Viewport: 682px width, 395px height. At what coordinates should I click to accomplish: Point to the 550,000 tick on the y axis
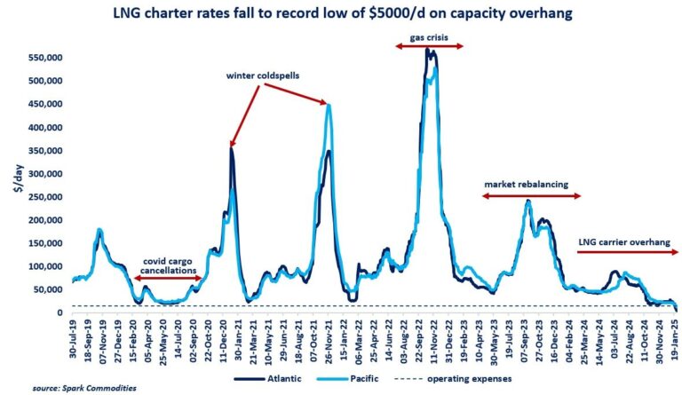pyautogui.click(x=43, y=58)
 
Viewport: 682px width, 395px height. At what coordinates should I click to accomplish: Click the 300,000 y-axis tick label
pyautogui.click(x=43, y=173)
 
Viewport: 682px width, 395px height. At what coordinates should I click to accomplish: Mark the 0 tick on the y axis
pyautogui.click(x=58, y=312)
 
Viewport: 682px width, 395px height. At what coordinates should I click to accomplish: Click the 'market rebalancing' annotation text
pyautogui.click(x=530, y=184)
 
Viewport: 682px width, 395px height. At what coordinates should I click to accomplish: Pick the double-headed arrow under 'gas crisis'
pyautogui.click(x=429, y=49)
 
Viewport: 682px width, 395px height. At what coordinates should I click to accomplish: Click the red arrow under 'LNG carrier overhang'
pyautogui.click(x=626, y=253)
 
